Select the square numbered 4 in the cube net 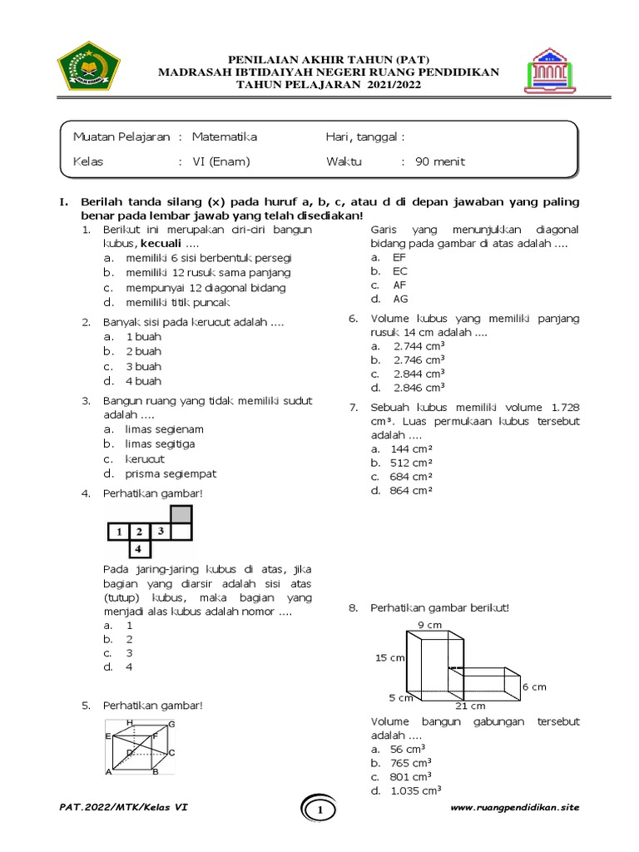[140, 548]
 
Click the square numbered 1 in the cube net [119, 531]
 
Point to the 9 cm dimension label [429, 624]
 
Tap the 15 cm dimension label [389, 657]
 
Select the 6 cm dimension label [534, 686]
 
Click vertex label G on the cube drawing [171, 725]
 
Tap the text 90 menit [440, 161]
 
